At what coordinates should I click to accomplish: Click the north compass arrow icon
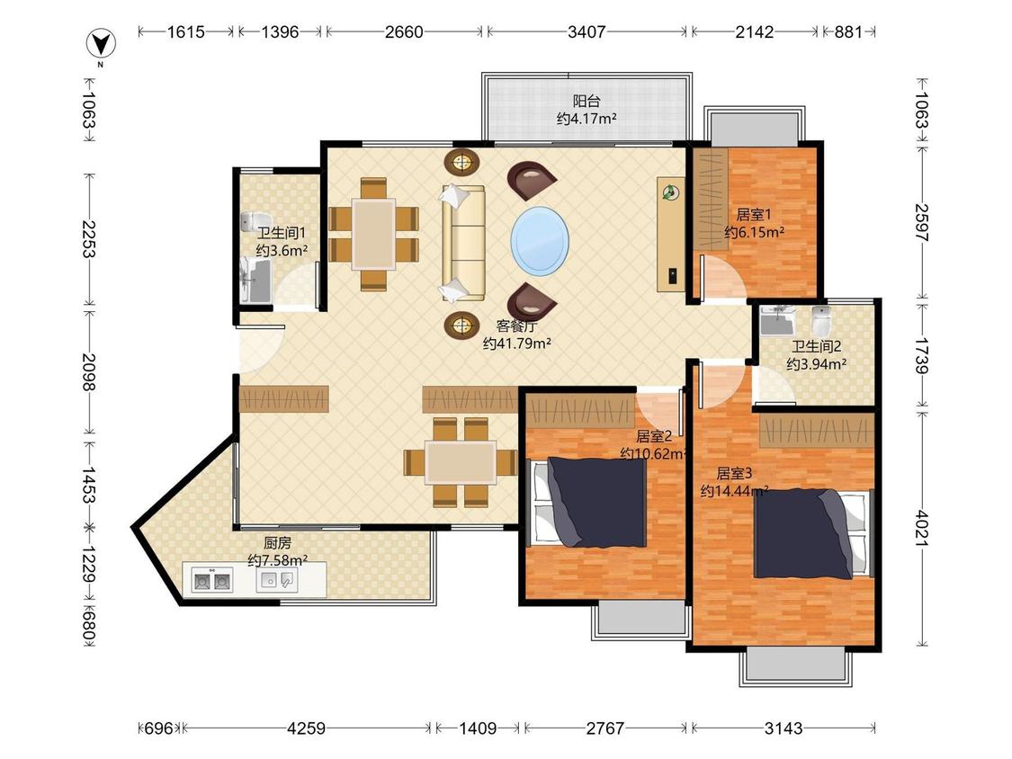[101, 45]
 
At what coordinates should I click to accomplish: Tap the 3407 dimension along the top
[587, 31]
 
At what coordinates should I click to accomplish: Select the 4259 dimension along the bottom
[306, 728]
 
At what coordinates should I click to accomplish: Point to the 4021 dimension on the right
[922, 529]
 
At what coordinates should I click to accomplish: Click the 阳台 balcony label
[586, 101]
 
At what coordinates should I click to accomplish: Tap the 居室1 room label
[754, 214]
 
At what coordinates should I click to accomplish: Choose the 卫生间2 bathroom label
[817, 346]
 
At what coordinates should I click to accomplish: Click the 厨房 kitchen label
[277, 543]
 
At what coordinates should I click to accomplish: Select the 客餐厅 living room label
[516, 326]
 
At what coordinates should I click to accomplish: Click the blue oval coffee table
[541, 241]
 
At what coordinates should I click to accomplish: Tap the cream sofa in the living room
[462, 243]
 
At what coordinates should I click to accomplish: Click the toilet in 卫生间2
[819, 319]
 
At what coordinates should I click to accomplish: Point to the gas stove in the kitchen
[212, 581]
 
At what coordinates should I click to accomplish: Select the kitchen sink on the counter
[277, 580]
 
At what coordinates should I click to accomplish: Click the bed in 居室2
[588, 502]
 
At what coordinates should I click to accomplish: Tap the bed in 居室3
[812, 533]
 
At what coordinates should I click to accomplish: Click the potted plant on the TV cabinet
[671, 192]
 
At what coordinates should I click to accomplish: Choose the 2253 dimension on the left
[89, 239]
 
